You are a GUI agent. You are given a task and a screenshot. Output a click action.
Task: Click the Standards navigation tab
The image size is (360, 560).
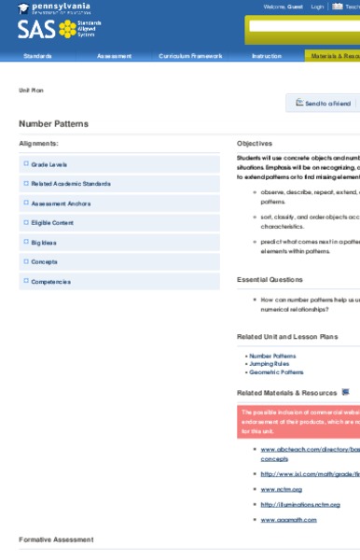[38, 56]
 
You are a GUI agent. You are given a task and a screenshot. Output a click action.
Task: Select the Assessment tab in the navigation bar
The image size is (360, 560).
[114, 56]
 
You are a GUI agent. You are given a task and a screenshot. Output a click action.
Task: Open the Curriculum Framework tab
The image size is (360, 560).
[190, 56]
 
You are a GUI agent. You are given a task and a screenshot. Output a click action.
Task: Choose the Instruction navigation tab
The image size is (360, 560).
[266, 56]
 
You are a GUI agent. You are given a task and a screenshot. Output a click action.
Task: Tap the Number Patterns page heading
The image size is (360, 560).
[53, 123]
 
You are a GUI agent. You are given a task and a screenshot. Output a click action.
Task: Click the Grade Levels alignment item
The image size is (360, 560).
[48, 164]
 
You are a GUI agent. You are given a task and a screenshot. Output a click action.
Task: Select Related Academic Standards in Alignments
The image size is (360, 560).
[70, 184]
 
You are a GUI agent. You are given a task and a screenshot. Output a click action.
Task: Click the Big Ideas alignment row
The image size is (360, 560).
[44, 242]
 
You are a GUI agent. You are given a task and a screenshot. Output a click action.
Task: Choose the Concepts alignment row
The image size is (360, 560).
[44, 261]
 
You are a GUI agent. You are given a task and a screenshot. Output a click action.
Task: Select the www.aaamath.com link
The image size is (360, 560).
[288, 519]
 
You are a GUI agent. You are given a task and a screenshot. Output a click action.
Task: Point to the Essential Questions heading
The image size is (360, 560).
[270, 279]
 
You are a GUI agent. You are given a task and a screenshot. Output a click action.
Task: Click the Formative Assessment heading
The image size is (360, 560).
[56, 539]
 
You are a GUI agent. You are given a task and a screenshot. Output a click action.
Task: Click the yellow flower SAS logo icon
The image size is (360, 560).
[67, 29]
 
